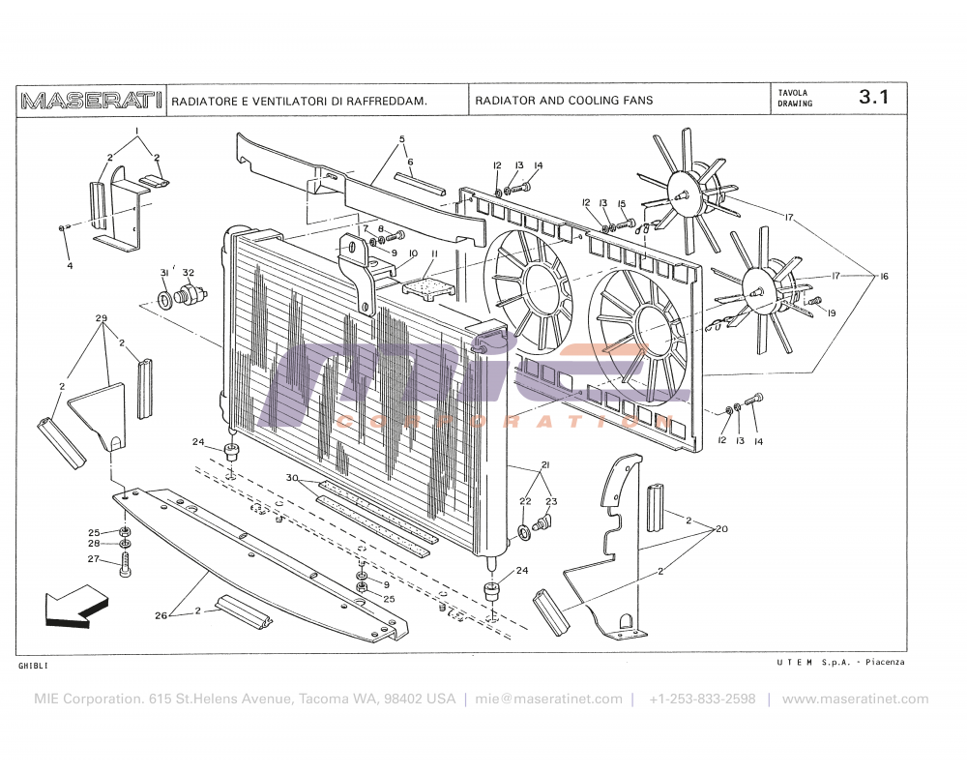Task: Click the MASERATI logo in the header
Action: click(92, 100)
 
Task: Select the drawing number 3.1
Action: click(873, 98)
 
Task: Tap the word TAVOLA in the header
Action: click(793, 93)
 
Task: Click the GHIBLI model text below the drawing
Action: click(33, 667)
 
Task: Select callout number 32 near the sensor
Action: click(189, 273)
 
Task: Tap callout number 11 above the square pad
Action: click(434, 253)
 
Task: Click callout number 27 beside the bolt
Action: click(94, 558)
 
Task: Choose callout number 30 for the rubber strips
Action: click(292, 478)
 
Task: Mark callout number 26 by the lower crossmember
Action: click(161, 615)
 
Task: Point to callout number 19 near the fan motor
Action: click(831, 313)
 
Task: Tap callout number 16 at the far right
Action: click(883, 277)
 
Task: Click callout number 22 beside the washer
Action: click(525, 501)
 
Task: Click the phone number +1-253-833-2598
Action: click(702, 699)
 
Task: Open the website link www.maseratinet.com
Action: click(855, 699)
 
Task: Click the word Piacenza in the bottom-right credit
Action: click(885, 662)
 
